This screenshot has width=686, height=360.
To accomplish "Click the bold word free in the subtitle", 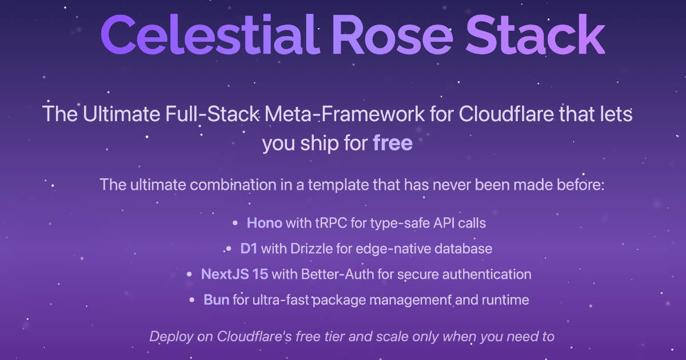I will pyautogui.click(x=393, y=143).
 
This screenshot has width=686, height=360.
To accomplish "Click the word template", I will pyautogui.click(x=352, y=185).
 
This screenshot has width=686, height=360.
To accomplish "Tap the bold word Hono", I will pyautogui.click(x=264, y=223).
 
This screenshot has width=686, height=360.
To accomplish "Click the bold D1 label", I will pyautogui.click(x=250, y=249).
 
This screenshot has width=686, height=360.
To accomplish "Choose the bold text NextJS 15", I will pyautogui.click(x=234, y=274).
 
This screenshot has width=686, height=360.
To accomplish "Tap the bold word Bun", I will pyautogui.click(x=217, y=300).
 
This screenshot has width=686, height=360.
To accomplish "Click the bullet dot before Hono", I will pyautogui.click(x=236, y=223).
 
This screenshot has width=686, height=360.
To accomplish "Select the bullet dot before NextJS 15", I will pyautogui.click(x=190, y=275).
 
